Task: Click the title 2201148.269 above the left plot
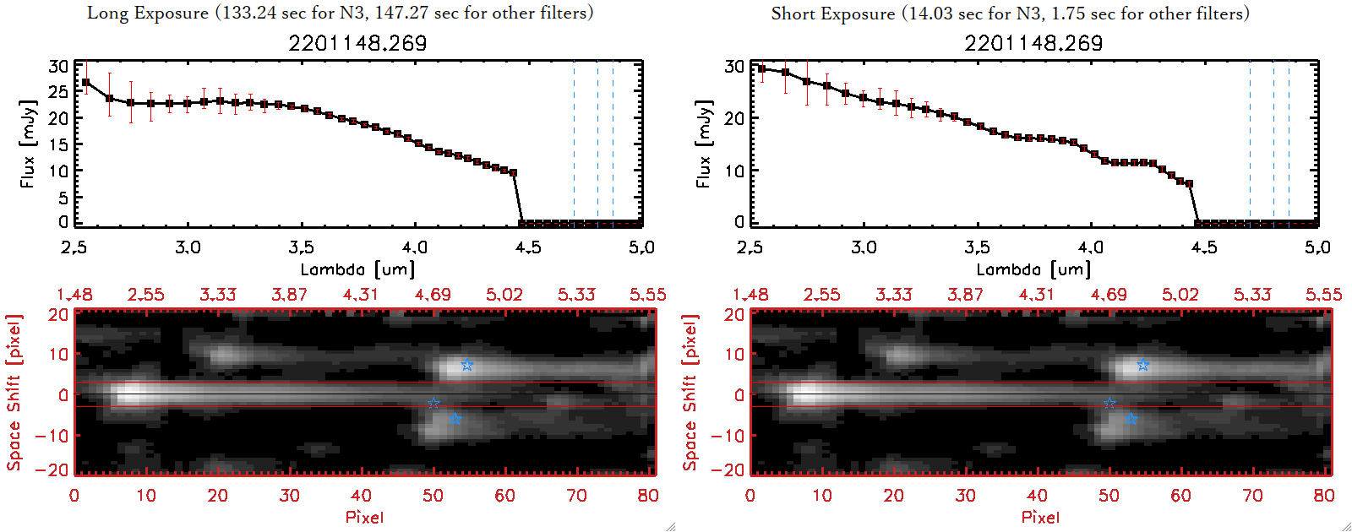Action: click(357, 43)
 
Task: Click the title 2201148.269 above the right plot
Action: click(1033, 43)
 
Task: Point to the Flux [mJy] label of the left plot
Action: click(28, 144)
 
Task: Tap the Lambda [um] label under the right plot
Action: click(1033, 269)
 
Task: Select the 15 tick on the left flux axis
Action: click(58, 144)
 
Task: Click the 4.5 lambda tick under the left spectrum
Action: click(528, 247)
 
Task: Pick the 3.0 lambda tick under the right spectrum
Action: click(864, 247)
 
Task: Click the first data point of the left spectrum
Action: click(86, 82)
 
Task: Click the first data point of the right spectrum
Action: click(762, 69)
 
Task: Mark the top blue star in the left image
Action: click(466, 365)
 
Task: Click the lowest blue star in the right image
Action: click(1131, 419)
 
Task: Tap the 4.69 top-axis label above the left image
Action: click(433, 295)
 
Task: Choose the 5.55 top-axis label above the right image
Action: click(1323, 295)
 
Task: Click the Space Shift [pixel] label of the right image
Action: click(690, 393)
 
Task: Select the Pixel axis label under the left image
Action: click(364, 517)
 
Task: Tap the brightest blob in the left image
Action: click(130, 394)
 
